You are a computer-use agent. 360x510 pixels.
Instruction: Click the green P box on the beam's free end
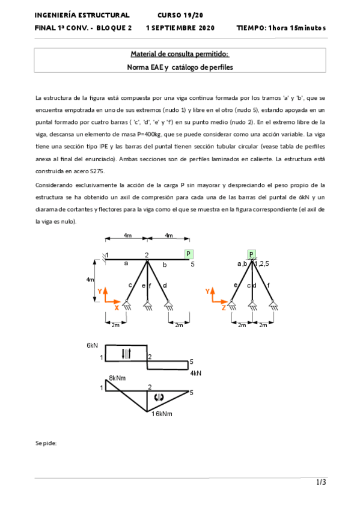pos(189,254)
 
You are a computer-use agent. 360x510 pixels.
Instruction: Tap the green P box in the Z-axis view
pos(251,254)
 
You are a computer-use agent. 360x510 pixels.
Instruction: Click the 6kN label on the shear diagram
pos(92,346)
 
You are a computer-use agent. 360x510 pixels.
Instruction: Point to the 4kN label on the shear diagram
pos(195,373)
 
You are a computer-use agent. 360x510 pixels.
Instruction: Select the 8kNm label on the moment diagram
pos(117,378)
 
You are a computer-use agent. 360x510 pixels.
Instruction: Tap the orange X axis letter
pos(116,308)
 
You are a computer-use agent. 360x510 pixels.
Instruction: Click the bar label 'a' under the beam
pos(126,263)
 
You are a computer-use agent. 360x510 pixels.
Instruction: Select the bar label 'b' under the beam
pos(165,264)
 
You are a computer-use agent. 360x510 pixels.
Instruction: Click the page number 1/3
pos(322,482)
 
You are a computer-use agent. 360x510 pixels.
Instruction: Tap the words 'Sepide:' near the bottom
pos(46,443)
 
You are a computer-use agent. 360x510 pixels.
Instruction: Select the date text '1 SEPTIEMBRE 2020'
pos(180,28)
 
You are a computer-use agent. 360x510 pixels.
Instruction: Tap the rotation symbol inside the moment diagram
pos(159,397)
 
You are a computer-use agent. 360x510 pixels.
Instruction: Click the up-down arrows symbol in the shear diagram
pos(126,354)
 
